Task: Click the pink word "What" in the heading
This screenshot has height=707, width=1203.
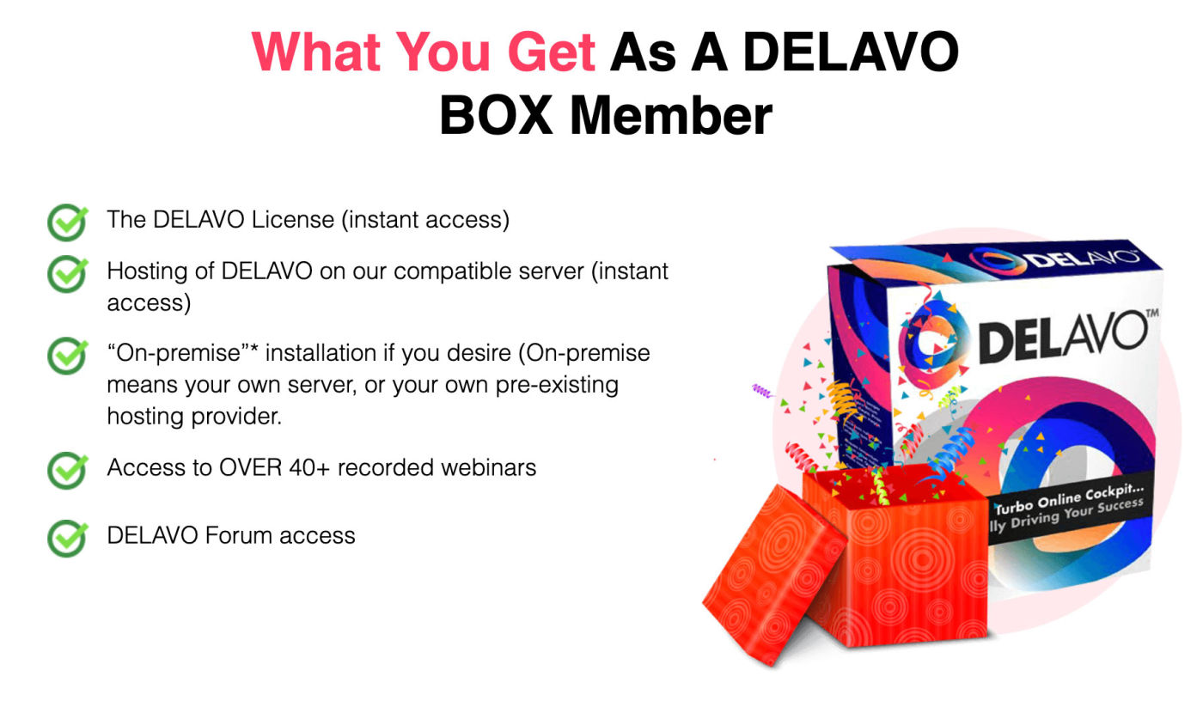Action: pos(316,52)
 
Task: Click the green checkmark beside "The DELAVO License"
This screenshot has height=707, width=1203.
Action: pos(68,222)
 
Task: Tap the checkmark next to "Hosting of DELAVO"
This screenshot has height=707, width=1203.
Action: pos(68,273)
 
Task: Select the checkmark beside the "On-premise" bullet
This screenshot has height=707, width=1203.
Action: pos(68,355)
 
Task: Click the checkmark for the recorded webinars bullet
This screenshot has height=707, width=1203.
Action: pos(68,470)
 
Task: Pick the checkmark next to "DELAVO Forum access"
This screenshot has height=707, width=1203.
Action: pos(68,538)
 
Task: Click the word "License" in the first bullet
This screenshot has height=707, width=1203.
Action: pos(293,220)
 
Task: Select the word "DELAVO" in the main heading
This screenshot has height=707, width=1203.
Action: pos(851,52)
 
